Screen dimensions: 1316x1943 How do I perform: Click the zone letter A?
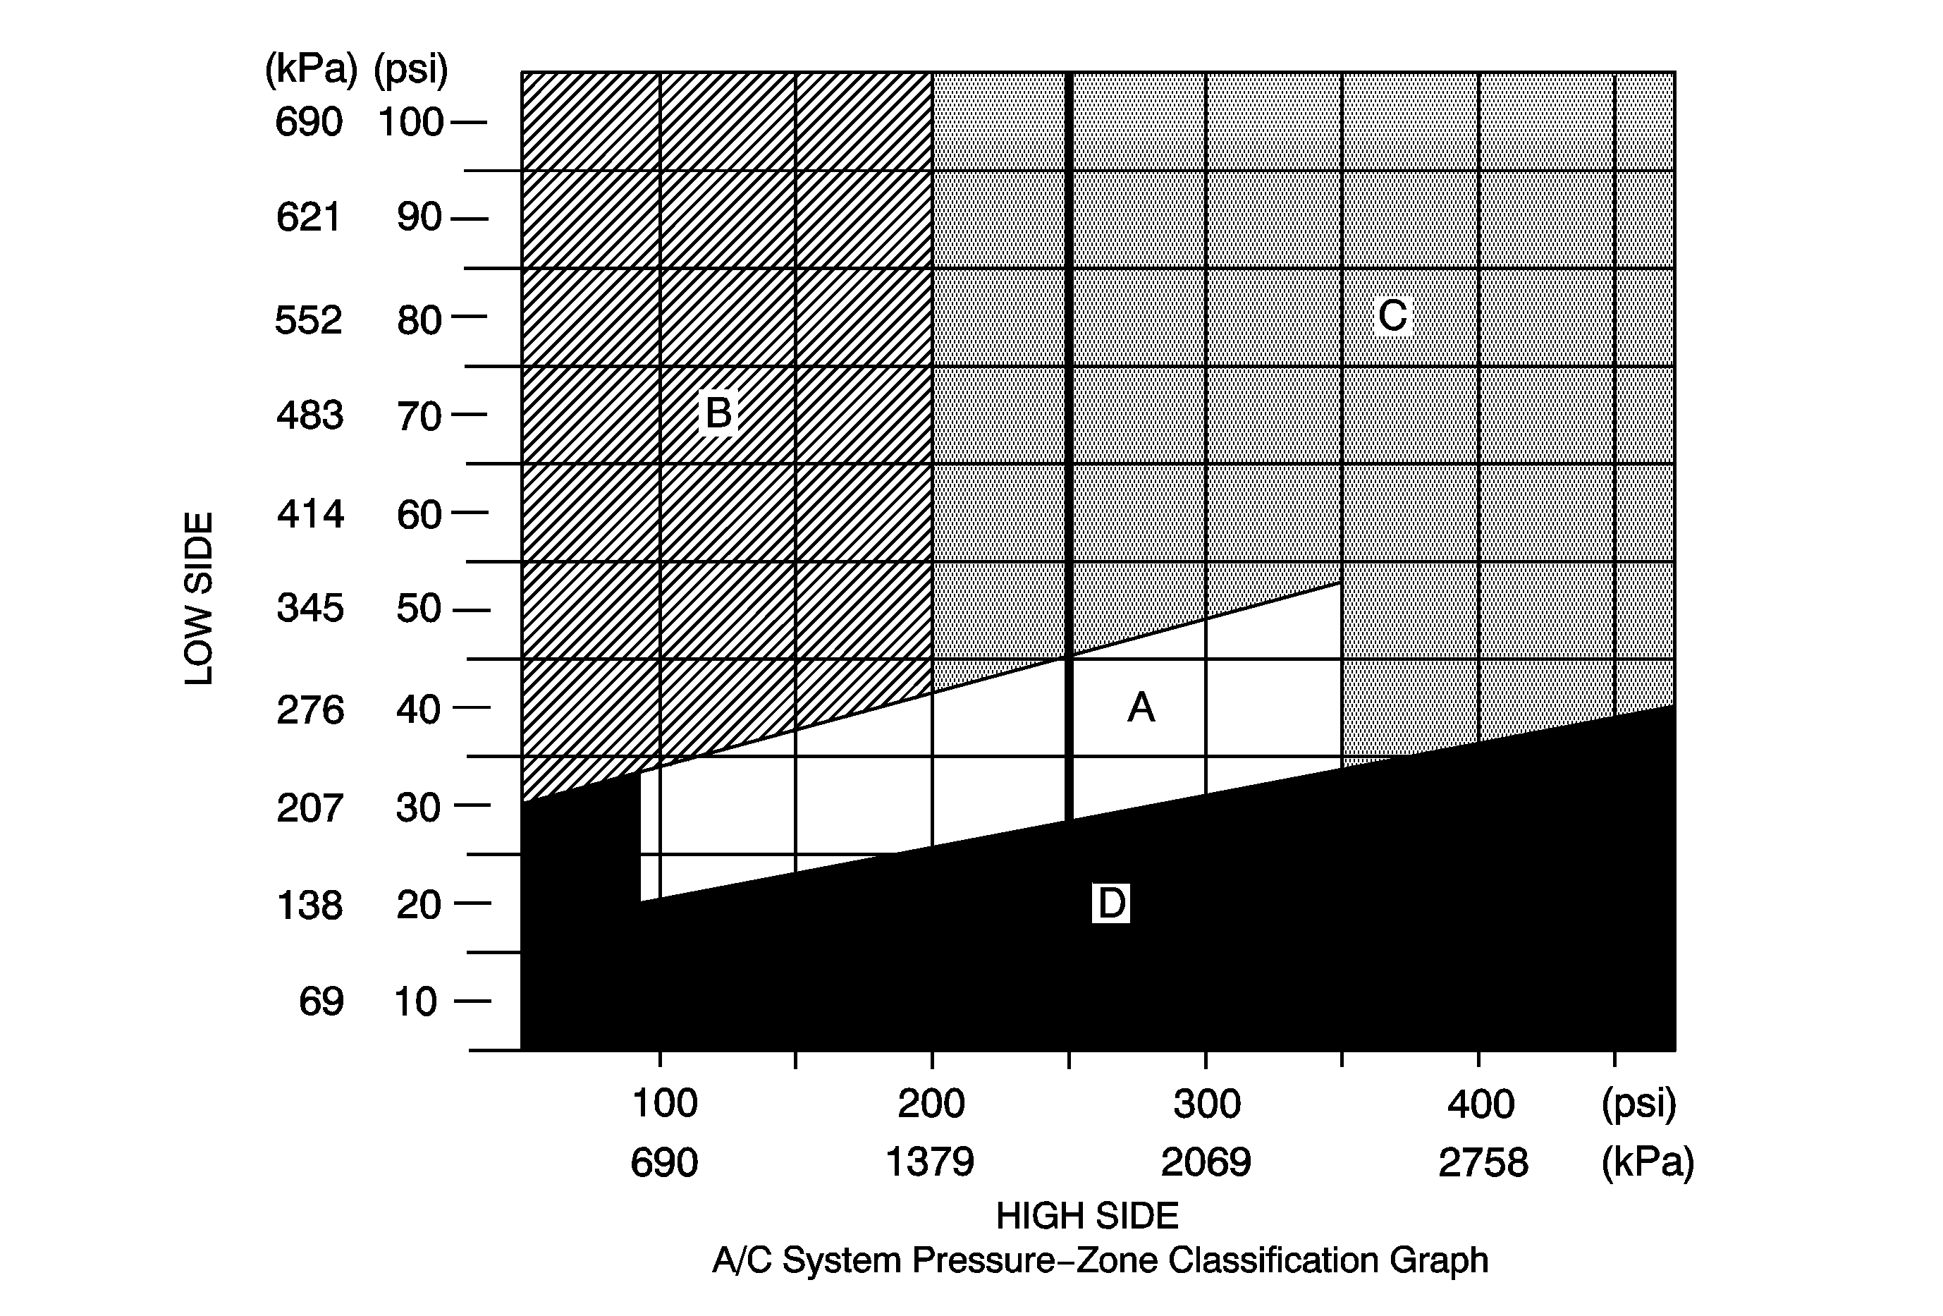click(x=1141, y=708)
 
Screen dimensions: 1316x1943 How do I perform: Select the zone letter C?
click(x=1393, y=316)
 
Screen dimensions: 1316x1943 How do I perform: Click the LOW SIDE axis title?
click(x=199, y=599)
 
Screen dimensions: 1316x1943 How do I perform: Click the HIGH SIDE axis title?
click(x=1087, y=1216)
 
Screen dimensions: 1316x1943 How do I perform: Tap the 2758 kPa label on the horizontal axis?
click(x=1483, y=1163)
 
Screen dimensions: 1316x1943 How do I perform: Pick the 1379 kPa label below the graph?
click(x=930, y=1162)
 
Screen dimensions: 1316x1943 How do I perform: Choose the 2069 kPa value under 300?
click(x=1206, y=1162)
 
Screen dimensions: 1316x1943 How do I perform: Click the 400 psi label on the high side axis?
click(x=1481, y=1104)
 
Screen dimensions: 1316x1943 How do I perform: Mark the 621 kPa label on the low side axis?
click(x=309, y=217)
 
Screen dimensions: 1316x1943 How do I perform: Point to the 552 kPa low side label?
click(x=309, y=320)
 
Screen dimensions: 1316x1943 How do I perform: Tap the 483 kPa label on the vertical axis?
click(x=309, y=415)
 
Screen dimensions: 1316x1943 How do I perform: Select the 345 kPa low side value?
click(x=310, y=608)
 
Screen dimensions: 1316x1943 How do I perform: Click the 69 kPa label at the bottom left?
click(x=321, y=1001)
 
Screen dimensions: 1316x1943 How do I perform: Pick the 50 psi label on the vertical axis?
click(x=418, y=609)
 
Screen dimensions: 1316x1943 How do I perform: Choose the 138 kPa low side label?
click(x=309, y=906)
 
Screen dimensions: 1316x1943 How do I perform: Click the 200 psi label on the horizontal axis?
click(x=931, y=1104)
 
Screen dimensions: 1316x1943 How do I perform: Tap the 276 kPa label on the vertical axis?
click(x=310, y=711)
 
